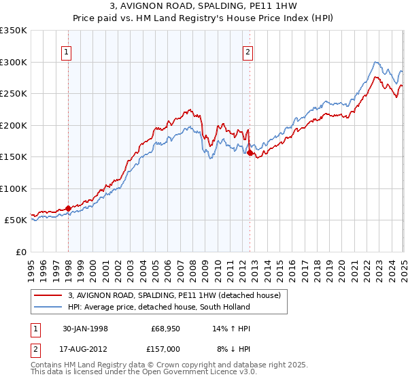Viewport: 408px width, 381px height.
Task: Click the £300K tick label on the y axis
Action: pos(14,62)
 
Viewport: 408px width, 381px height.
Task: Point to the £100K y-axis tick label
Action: pos(14,188)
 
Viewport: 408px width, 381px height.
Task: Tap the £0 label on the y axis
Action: pos(20,252)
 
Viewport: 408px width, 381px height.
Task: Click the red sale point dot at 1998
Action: pos(69,208)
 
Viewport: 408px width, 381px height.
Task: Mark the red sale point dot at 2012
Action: pos(250,153)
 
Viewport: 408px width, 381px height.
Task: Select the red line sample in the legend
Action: pos(48,295)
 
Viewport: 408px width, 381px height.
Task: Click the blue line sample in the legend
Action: pos(48,307)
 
